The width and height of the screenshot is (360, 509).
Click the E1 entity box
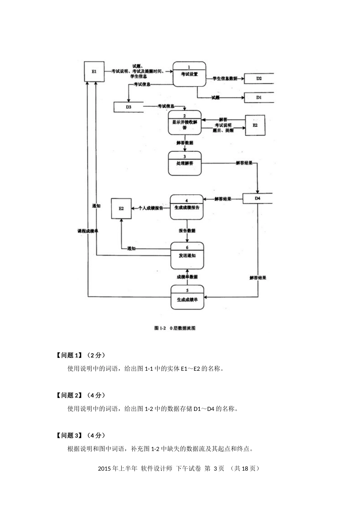(x=94, y=71)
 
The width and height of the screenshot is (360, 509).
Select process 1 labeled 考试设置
(x=189, y=74)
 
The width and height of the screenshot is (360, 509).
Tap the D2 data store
(x=258, y=78)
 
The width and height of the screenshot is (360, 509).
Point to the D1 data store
(x=258, y=97)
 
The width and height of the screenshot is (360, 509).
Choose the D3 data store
(x=128, y=107)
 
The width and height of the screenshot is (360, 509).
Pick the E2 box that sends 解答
(x=255, y=125)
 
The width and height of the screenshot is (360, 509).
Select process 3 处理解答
(x=185, y=163)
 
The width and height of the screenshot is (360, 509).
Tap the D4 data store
(x=257, y=198)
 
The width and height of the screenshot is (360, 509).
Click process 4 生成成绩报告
(x=186, y=207)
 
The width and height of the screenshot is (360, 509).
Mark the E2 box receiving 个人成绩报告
(x=121, y=208)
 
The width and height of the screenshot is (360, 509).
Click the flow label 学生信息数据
(x=225, y=78)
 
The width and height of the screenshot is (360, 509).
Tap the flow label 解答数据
(x=185, y=143)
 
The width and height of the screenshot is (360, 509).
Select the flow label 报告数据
(x=187, y=231)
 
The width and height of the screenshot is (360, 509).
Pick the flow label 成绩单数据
(x=187, y=277)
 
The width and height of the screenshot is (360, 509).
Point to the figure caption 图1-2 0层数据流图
(x=175, y=328)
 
